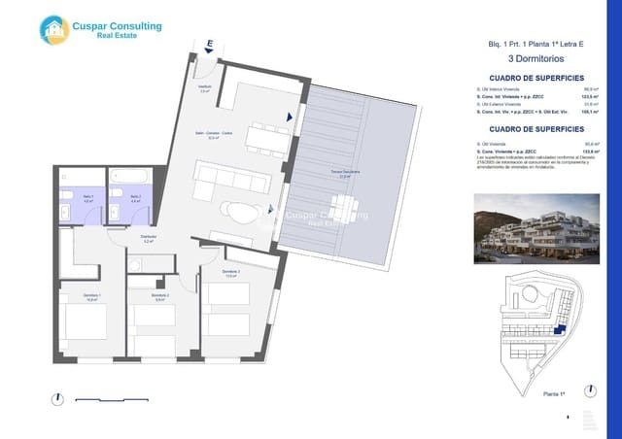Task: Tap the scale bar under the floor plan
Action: [x=115, y=397]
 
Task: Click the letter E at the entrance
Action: [x=209, y=44]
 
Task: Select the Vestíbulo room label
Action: [x=205, y=88]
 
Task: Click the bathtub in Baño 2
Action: [x=128, y=179]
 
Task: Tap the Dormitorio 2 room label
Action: [x=161, y=296]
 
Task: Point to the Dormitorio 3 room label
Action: [x=230, y=273]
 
